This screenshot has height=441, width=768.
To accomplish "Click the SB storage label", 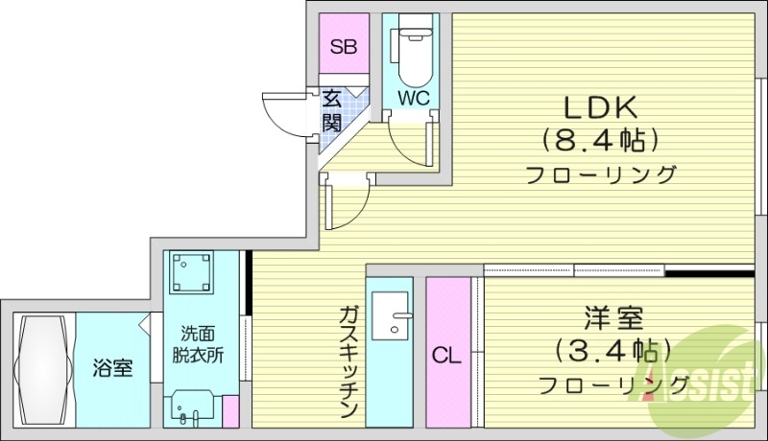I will (x=343, y=45).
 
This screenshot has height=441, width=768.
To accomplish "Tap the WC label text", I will (x=413, y=97).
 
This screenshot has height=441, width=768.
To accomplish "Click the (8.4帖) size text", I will (x=600, y=141).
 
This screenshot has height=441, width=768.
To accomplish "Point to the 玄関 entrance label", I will (x=331, y=110).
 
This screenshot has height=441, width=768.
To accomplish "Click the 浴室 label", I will (x=112, y=368).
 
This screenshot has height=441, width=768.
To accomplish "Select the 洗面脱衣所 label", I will (x=202, y=345).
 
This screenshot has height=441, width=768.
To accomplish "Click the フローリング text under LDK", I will (x=601, y=175).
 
